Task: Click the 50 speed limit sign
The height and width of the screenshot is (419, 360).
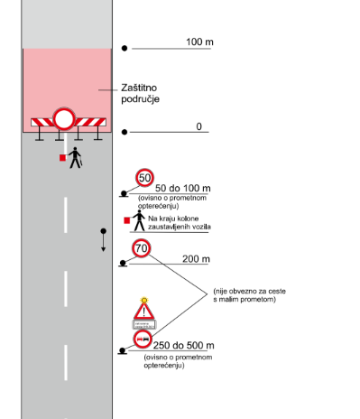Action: pyautogui.click(x=145, y=178)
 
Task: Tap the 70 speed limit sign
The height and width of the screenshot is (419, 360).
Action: pyautogui.click(x=141, y=248)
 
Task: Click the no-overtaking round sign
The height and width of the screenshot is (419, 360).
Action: pyautogui.click(x=142, y=340)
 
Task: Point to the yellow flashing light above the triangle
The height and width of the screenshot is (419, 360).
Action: pyautogui.click(x=143, y=299)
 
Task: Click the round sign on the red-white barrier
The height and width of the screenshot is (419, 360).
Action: pyautogui.click(x=65, y=119)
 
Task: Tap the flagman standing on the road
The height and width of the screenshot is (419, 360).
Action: pyautogui.click(x=76, y=157)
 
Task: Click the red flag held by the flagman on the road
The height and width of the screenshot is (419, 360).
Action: pyautogui.click(x=62, y=158)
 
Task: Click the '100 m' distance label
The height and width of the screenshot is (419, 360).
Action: pyautogui.click(x=199, y=42)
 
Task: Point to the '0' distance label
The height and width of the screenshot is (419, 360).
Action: pyautogui.click(x=199, y=126)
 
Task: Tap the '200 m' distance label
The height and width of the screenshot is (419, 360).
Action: pyautogui.click(x=196, y=259)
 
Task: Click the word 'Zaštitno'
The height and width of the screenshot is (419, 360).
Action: pyautogui.click(x=140, y=88)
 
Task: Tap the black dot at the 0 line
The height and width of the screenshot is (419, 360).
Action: pyautogui.click(x=125, y=131)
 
